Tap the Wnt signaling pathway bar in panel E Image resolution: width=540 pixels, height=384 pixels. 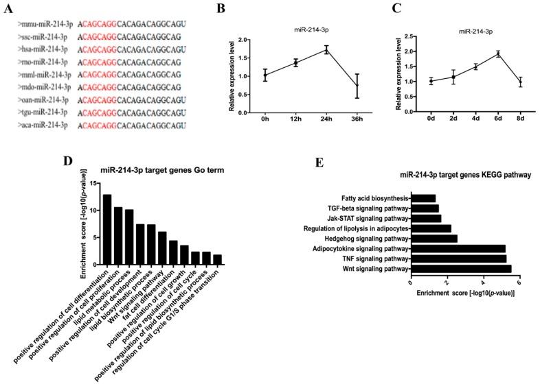(460, 269)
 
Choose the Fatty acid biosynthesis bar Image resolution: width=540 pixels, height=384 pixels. (423, 198)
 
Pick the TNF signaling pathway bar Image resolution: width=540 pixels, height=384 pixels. (458, 259)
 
